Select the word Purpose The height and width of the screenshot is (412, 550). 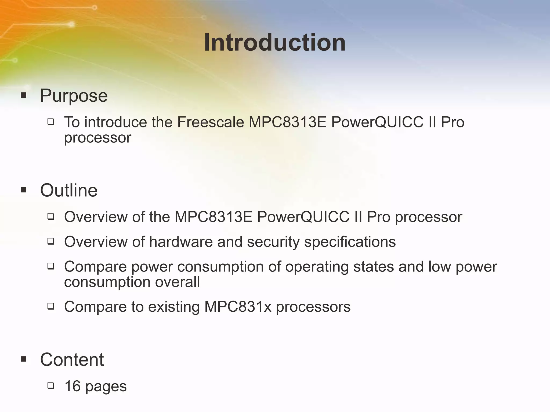74,95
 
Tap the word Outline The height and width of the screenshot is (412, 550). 69,190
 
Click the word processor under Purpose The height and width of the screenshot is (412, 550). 97,138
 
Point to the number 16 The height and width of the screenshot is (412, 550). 73,386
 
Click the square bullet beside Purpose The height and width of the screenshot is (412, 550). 24,95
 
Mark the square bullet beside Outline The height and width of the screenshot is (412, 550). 24,190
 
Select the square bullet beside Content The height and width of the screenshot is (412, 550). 24,359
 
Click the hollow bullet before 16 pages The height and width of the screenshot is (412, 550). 51,386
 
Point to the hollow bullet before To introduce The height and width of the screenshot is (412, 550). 51,122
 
